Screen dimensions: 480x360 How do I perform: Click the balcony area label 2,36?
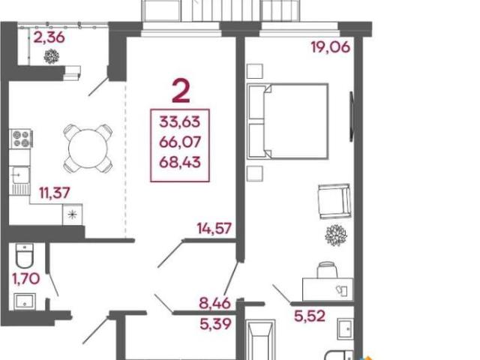click(49, 37)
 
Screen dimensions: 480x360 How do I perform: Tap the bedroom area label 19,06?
click(330, 47)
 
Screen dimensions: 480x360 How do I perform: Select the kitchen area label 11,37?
click(55, 193)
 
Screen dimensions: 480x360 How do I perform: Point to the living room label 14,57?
click(214, 228)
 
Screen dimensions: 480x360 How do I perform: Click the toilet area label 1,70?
click(26, 278)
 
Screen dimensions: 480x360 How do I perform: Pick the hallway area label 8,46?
click(215, 303)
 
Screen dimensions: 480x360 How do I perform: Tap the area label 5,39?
click(215, 324)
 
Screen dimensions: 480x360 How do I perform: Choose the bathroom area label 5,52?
click(310, 316)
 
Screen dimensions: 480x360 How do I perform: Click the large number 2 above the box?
click(181, 90)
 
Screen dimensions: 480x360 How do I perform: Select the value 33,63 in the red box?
click(180, 121)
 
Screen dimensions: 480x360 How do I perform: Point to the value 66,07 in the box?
click(180, 142)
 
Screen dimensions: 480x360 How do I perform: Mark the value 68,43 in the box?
click(180, 162)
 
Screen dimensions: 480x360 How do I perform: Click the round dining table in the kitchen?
click(88, 148)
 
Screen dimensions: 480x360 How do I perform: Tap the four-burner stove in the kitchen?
click(21, 139)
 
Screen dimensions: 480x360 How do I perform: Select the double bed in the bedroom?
click(287, 121)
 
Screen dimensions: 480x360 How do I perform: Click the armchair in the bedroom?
click(334, 201)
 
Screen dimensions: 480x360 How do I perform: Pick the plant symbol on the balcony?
click(52, 56)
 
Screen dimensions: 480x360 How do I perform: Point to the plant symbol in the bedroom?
click(336, 235)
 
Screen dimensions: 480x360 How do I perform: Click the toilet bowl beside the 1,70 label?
click(24, 256)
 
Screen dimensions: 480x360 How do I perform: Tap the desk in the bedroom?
click(328, 289)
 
